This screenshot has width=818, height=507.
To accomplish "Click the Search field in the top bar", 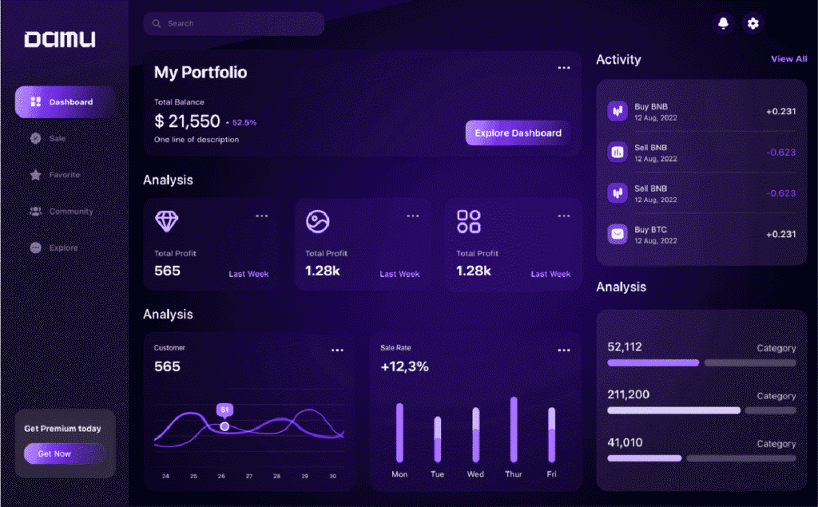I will pyautogui.click(x=233, y=24).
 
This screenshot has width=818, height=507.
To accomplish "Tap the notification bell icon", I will pyautogui.click(x=723, y=24).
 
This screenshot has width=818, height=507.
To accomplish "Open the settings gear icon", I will pyautogui.click(x=752, y=24).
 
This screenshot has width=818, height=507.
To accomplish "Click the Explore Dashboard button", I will pyautogui.click(x=518, y=133).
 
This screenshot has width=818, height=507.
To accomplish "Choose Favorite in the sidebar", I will pyautogui.click(x=64, y=175).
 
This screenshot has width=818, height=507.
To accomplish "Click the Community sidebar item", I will pyautogui.click(x=70, y=212).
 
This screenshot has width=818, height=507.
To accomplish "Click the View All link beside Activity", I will pyautogui.click(x=788, y=59).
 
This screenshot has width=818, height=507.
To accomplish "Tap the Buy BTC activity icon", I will pyautogui.click(x=617, y=234).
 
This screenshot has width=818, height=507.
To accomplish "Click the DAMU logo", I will pyautogui.click(x=60, y=39).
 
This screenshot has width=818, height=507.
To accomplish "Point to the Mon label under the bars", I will pyautogui.click(x=399, y=474).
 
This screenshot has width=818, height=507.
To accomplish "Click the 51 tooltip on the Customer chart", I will pyautogui.click(x=224, y=410).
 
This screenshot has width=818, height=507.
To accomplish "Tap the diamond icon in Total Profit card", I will pyautogui.click(x=166, y=221).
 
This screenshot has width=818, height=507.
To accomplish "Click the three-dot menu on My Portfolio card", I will pyautogui.click(x=564, y=69).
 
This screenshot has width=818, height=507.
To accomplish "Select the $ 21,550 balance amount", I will pyautogui.click(x=187, y=121).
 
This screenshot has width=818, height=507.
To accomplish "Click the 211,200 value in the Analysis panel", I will pyautogui.click(x=629, y=394).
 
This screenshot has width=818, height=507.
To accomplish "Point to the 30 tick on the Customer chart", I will pyautogui.click(x=333, y=476).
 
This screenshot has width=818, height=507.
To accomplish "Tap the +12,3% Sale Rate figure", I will pyautogui.click(x=404, y=367).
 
